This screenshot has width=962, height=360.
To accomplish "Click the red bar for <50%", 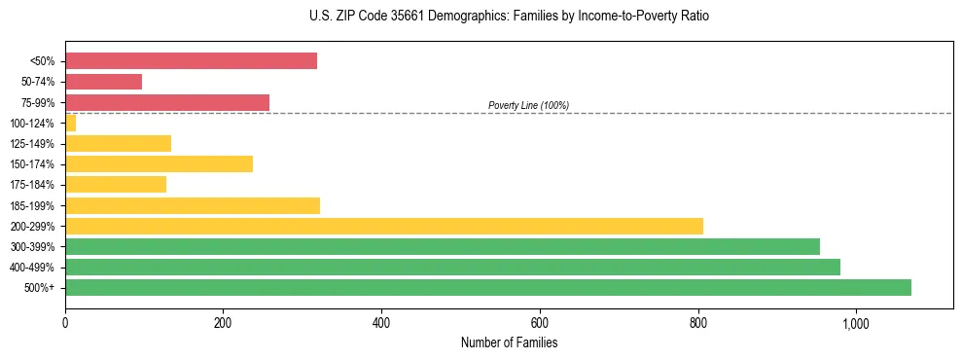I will (x=191, y=61).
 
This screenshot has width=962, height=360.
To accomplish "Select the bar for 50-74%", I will (x=103, y=82).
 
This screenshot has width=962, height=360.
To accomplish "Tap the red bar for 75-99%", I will (x=167, y=102).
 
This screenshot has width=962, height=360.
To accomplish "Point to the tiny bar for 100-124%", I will (x=70, y=123).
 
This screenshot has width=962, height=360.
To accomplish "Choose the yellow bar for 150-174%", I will (x=159, y=164).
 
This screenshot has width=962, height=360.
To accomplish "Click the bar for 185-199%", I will (x=193, y=205).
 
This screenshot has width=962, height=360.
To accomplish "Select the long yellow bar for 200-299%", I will (x=384, y=226).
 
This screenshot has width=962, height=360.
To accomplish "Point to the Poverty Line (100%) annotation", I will (x=528, y=105).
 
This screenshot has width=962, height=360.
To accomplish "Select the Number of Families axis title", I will (x=509, y=342).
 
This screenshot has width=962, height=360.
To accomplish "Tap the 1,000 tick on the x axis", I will (x=856, y=323).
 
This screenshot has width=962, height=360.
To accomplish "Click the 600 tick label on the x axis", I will (x=540, y=323).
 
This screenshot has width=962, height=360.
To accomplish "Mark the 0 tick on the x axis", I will (x=65, y=323).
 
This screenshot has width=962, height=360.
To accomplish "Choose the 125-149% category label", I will (x=32, y=144).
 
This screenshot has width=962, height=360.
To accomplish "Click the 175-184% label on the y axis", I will (x=32, y=185).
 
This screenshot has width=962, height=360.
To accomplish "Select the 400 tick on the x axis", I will (x=381, y=323).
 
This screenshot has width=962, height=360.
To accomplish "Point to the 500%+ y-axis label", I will (x=38, y=288).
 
